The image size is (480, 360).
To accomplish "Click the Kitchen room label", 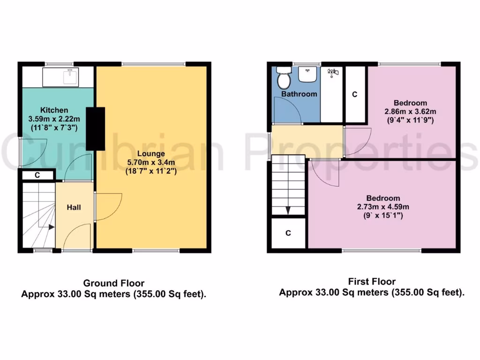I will click(54, 110).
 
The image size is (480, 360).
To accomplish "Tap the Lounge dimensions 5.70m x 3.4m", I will click(151, 162).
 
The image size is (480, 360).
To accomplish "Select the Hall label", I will click(73, 207).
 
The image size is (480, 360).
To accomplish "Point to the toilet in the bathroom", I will click(283, 78).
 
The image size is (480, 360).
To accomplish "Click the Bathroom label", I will click(299, 94).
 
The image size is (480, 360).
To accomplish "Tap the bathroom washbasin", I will click(308, 74).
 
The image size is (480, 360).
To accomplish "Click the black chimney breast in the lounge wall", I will click(98, 128).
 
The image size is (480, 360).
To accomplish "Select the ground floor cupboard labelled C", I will click(37, 176).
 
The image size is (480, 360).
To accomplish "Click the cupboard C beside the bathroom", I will click(355, 94).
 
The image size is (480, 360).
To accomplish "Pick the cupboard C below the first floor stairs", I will click(288, 232).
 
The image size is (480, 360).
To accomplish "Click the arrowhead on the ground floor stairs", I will click(51, 227).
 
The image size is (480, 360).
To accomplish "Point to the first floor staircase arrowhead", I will click(288, 210).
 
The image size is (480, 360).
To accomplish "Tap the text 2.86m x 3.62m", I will click(410, 111).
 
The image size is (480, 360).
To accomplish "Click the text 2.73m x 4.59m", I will click(383, 206).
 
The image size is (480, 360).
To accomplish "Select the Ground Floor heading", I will click(113, 283).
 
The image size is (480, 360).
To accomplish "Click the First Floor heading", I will click(372, 281).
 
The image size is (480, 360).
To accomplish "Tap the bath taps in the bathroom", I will click(332, 72).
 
